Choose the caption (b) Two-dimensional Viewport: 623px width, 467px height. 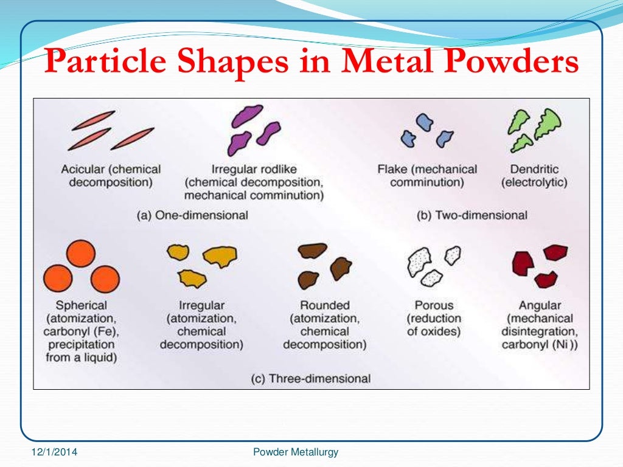[x=473, y=215]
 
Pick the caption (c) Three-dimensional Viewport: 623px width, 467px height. [x=310, y=378]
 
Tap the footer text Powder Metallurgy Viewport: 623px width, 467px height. [x=295, y=452]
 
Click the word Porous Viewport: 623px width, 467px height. [x=433, y=305]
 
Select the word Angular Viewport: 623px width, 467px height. [x=539, y=305]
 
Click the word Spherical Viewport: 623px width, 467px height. [x=81, y=305]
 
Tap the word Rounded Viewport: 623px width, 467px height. [x=325, y=305]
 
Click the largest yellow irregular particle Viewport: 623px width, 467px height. [x=220, y=257]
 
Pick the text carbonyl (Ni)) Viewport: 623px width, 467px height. [x=539, y=345]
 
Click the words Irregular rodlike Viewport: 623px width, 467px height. [x=253, y=169]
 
